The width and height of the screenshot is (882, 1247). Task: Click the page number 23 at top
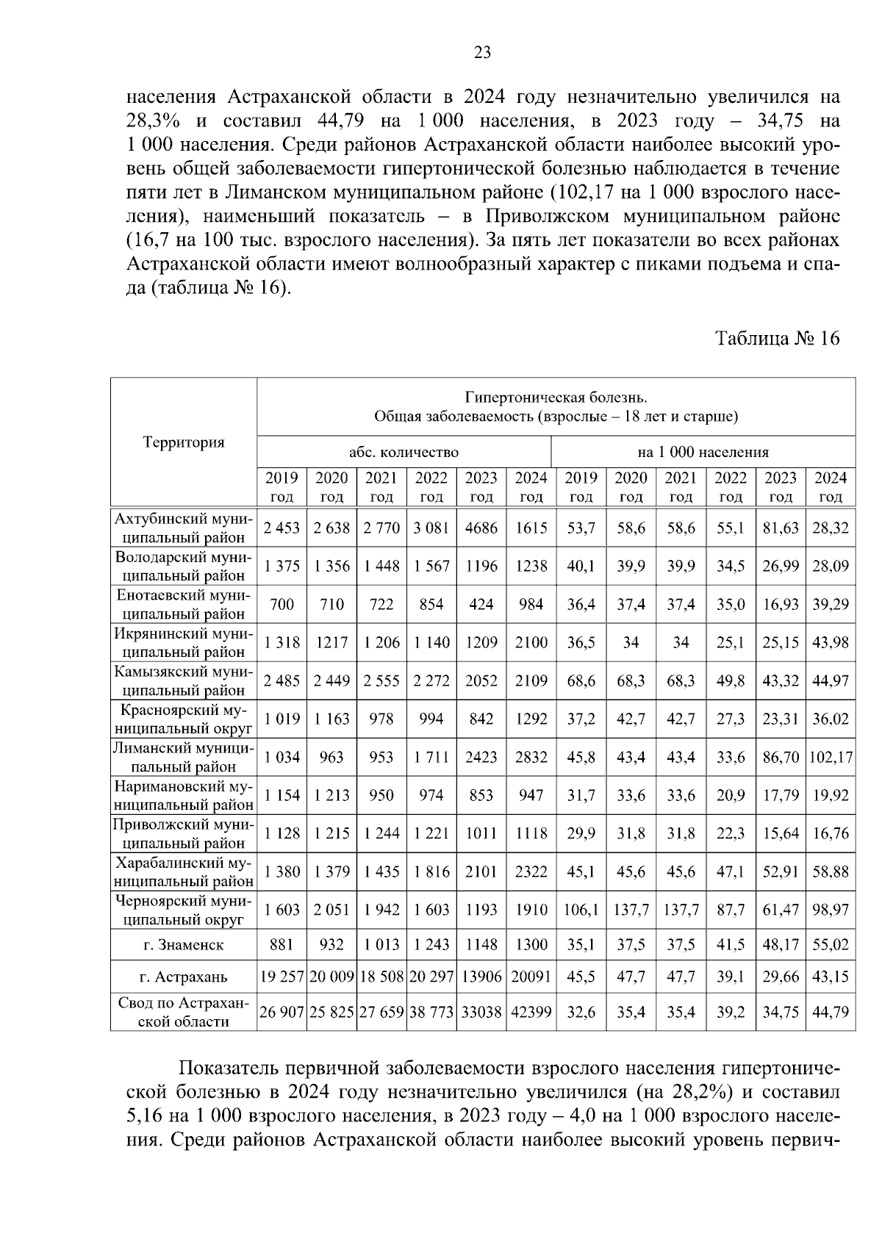click(482, 52)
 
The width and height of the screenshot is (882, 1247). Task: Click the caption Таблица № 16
click(777, 338)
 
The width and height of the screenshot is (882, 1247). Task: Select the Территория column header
click(184, 442)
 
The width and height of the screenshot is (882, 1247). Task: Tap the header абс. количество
click(404, 452)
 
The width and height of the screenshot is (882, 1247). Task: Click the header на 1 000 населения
click(703, 452)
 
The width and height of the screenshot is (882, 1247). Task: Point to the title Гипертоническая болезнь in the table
click(556, 398)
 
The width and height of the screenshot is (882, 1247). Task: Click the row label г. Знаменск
click(184, 945)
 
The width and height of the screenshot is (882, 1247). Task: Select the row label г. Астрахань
click(184, 977)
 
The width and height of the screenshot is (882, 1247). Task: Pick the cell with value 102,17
click(831, 757)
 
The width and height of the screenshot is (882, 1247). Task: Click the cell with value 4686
click(481, 528)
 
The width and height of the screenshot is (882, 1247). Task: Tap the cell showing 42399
click(531, 1013)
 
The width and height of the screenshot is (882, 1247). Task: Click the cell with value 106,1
click(581, 910)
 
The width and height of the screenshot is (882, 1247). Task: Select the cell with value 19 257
click(282, 977)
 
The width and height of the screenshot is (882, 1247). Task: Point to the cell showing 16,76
click(831, 833)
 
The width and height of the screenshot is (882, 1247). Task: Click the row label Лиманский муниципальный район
click(184, 757)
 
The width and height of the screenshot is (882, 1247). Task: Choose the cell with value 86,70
click(781, 757)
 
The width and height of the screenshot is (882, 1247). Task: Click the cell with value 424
click(481, 604)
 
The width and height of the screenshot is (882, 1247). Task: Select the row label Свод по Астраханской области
click(184, 1013)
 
